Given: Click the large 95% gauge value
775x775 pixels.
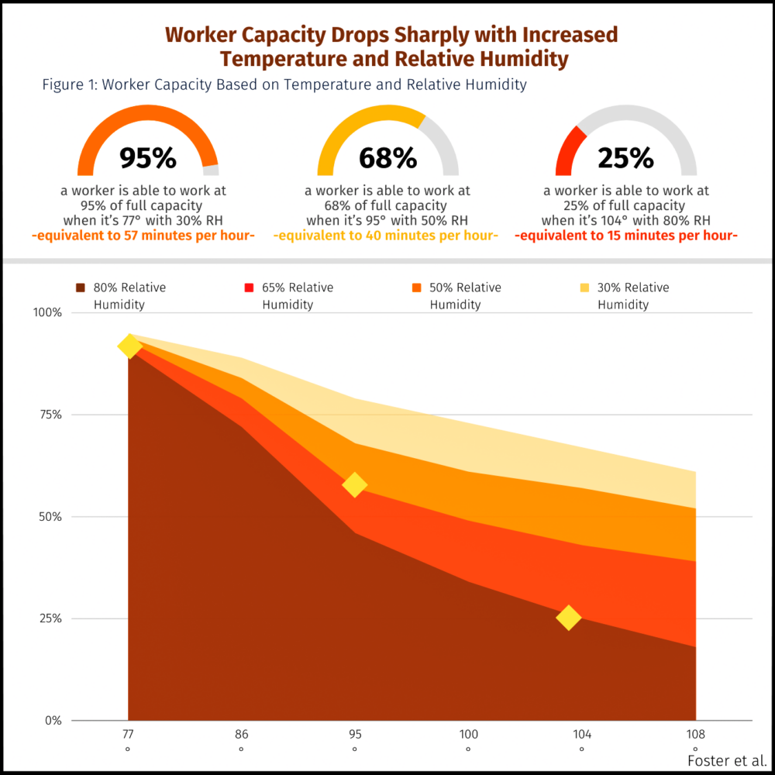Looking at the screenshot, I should pos(148,158).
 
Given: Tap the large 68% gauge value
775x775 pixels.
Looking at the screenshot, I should pos(387,158).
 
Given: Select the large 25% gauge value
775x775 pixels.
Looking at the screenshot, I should pos(626,158).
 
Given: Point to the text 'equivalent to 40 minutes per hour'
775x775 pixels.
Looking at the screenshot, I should pos(387,236).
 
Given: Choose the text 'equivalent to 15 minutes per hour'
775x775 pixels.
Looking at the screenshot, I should pos(626,236).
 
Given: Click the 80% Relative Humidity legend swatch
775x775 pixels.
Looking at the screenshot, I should pos(81,288).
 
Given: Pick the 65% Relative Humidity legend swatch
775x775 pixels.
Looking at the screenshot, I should pos(249,288).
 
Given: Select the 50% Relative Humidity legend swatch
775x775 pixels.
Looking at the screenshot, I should pos(417,288).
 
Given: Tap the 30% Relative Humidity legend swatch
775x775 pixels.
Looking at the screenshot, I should pos(584,288).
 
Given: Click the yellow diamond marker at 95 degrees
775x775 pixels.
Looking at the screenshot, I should pos(354,485).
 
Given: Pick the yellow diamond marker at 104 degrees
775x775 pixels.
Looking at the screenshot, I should pos(569,618).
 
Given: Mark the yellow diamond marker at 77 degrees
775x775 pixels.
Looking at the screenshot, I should pos(129,346).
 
